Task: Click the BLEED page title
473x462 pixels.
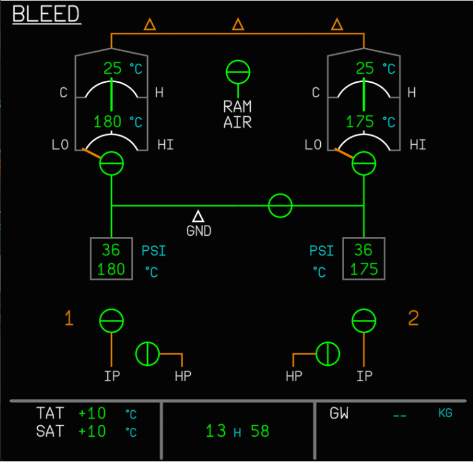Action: tap(46, 14)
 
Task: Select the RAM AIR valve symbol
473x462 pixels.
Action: tap(238, 71)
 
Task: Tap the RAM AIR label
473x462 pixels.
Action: tap(237, 114)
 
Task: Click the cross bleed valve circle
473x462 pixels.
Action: tap(280, 205)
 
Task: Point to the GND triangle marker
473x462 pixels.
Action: tap(198, 217)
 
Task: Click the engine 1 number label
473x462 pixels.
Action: tap(69, 319)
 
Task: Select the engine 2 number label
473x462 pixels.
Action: tap(413, 319)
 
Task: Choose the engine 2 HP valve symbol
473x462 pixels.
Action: tap(328, 353)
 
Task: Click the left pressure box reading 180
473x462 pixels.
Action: tap(111, 269)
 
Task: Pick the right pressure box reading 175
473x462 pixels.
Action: tap(364, 269)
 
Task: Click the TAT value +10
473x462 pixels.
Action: tap(92, 414)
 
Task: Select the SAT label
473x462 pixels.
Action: tap(50, 432)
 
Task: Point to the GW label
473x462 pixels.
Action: tap(339, 414)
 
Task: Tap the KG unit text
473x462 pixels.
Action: tap(446, 413)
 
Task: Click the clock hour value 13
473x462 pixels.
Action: tap(216, 432)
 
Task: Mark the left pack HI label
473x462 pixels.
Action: tap(165, 145)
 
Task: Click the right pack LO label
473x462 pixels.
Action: tap(313, 145)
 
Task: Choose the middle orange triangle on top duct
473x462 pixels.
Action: tap(238, 25)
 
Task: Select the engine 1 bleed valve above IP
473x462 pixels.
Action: tap(112, 321)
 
